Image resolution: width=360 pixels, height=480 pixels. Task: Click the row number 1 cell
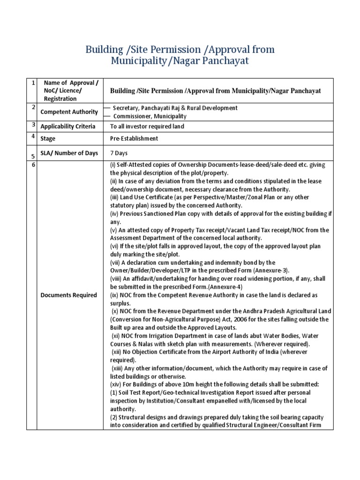tap(33, 83)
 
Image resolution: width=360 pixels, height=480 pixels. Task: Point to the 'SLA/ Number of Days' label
tap(68, 153)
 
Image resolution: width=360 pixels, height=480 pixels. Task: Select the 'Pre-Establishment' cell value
tap(134, 138)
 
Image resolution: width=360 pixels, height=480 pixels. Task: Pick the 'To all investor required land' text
tap(147, 126)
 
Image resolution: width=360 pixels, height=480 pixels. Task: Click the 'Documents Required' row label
tap(68, 295)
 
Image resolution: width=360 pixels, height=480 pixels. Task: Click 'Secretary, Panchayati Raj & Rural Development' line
tap(175, 108)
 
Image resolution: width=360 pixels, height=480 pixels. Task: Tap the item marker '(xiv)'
tap(116, 384)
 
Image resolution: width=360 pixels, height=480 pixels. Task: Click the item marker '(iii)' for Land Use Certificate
tap(115, 197)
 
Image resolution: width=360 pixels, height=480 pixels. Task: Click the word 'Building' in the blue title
tap(101, 49)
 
